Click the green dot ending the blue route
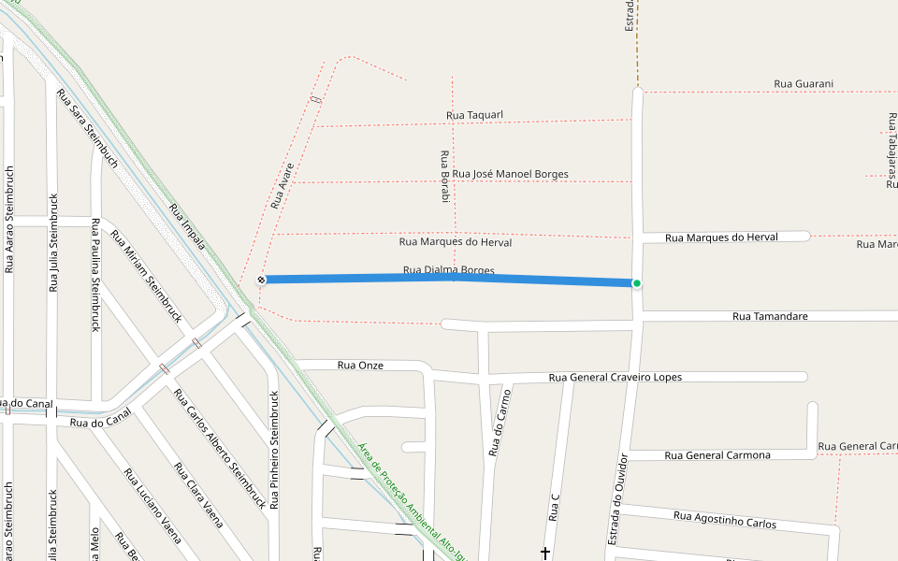[x=637, y=283]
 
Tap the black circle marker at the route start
[x=262, y=280]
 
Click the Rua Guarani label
[x=803, y=84]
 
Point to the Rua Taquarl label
[x=474, y=115]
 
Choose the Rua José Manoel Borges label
[x=510, y=174]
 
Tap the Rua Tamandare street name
[x=770, y=316]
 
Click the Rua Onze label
[x=360, y=365]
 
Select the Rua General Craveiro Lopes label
[x=615, y=377]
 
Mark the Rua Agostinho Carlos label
[x=724, y=519]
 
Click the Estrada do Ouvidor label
[x=617, y=499]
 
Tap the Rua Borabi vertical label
[x=445, y=176]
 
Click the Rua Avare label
[x=282, y=185]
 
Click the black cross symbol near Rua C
[x=546, y=554]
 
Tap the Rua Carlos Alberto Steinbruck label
[x=220, y=448]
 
